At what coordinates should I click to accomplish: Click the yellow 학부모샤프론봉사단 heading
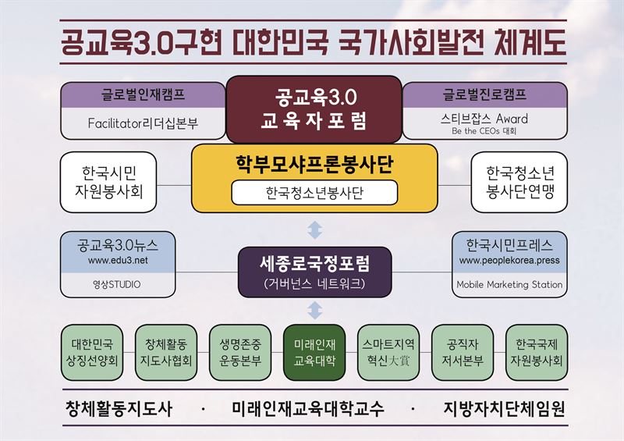click(314, 164)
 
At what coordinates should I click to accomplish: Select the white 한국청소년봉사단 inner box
click(314, 193)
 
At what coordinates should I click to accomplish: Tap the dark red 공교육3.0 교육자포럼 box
click(314, 109)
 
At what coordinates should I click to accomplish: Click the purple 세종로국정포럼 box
click(315, 272)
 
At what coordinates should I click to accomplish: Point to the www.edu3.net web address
click(118, 261)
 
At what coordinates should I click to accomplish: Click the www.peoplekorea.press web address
click(509, 261)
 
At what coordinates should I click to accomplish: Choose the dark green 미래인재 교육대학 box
click(314, 353)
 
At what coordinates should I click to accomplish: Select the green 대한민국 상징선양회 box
click(92, 353)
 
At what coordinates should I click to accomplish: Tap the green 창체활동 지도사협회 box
click(166, 353)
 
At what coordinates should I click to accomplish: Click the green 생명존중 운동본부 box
click(240, 353)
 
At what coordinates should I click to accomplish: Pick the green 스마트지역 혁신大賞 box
click(388, 353)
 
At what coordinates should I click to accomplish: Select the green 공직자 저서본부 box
click(463, 353)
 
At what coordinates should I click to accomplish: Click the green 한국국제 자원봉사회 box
click(537, 353)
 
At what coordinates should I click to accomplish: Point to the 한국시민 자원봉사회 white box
click(108, 182)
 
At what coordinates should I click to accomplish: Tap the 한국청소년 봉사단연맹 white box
click(519, 182)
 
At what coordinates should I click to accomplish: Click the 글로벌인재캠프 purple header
click(143, 94)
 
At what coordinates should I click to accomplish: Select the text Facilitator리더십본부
click(143, 123)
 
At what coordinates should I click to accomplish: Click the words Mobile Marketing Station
click(509, 284)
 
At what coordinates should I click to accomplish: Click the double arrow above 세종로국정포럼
click(315, 229)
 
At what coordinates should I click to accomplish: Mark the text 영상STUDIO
click(116, 284)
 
